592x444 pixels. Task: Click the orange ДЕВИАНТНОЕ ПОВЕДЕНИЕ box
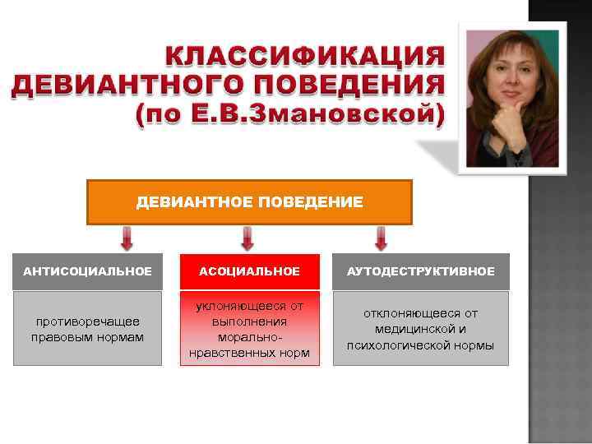click(x=249, y=202)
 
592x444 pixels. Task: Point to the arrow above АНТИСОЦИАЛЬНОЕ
click(x=127, y=239)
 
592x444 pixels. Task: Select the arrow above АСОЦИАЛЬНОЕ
click(x=247, y=239)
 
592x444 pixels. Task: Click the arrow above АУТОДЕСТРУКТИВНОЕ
click(x=381, y=239)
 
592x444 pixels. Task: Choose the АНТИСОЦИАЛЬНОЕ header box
click(x=87, y=271)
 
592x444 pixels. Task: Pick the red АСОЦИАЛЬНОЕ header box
click(x=249, y=271)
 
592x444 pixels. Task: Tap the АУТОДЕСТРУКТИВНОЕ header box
click(x=420, y=271)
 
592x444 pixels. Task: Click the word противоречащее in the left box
click(x=87, y=321)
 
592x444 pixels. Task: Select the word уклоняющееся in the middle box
click(x=249, y=307)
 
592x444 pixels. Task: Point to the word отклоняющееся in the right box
click(x=420, y=313)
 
